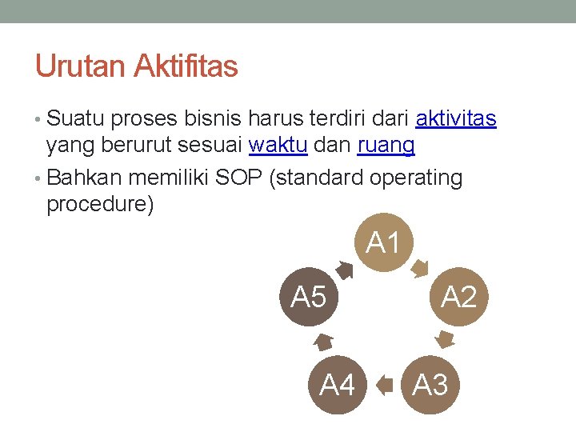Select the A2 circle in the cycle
(x=458, y=297)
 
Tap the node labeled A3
(x=430, y=385)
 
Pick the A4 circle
(x=337, y=385)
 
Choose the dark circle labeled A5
(x=309, y=297)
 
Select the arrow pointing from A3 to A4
(x=385, y=386)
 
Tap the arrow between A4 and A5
(x=322, y=342)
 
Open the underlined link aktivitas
(x=456, y=119)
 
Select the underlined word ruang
(x=386, y=145)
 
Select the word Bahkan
(x=85, y=178)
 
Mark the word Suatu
(x=76, y=119)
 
